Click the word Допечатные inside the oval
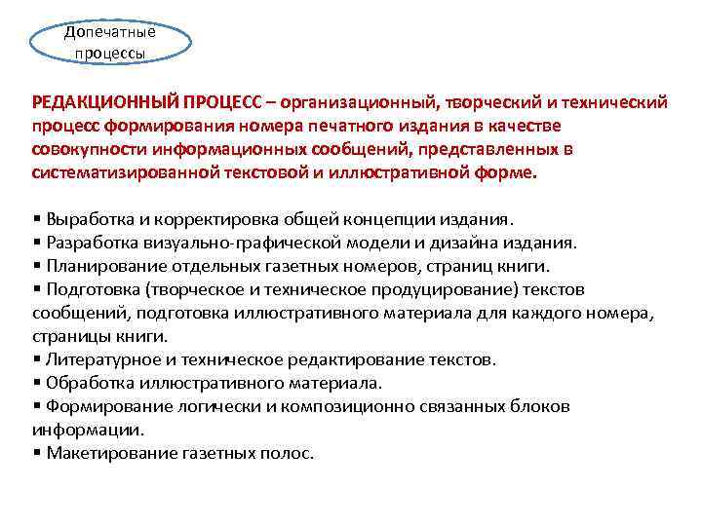(109, 30)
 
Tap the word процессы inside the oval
(110, 53)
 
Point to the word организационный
(360, 102)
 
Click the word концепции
(380, 218)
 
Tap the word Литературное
(99, 359)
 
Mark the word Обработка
(85, 383)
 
